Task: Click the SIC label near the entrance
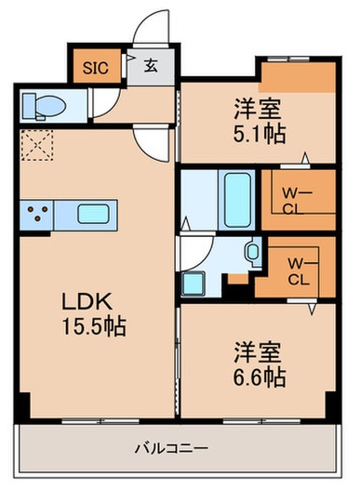coord(94,67)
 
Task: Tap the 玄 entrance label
coord(151,66)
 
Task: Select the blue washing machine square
coord(194,283)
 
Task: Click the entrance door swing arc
coord(150,33)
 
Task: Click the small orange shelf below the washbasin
coord(239,277)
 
